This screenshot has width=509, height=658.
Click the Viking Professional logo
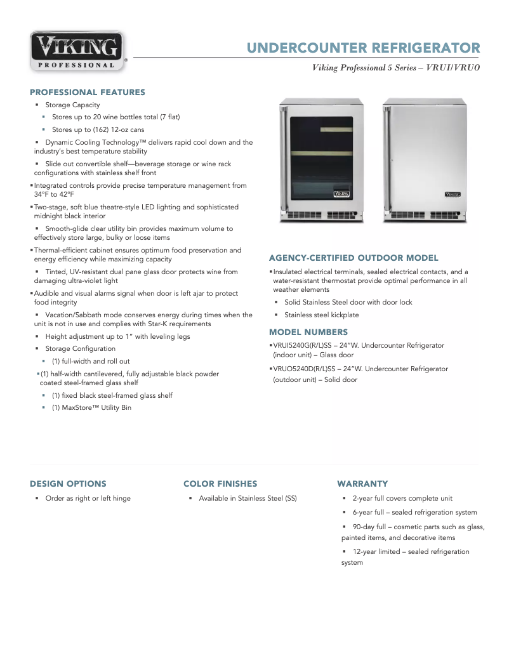(77, 51)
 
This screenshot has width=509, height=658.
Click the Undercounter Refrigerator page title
(363, 48)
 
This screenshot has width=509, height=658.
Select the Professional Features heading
(88, 92)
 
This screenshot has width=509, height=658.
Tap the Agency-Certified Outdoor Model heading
(354, 258)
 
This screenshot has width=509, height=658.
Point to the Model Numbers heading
(308, 332)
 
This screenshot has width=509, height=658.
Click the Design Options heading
(68, 484)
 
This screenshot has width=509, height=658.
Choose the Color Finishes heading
(220, 484)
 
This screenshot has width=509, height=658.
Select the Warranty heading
(362, 484)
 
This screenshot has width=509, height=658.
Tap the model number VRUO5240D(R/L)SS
(304, 369)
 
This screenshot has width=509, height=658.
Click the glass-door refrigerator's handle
(283, 159)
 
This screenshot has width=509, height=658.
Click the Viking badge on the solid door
(453, 194)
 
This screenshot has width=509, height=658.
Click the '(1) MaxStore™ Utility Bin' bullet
(91, 407)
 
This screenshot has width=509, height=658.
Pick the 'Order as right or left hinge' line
(88, 499)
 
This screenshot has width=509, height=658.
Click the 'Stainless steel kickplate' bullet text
(321, 315)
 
